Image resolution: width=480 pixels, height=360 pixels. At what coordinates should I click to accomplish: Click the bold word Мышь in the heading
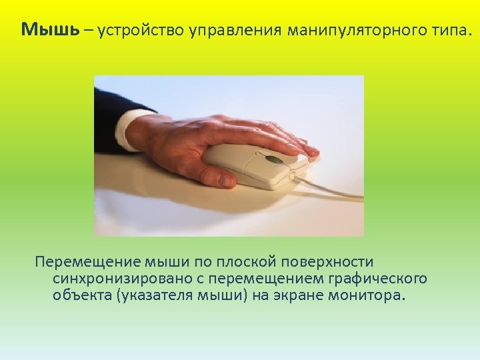51,30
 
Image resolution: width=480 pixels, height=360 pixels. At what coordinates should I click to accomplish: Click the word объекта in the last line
81,295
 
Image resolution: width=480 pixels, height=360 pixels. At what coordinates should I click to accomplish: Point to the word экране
297,295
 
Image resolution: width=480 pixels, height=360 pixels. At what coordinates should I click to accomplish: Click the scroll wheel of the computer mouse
272,159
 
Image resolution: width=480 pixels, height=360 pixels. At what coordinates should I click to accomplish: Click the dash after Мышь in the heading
89,31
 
